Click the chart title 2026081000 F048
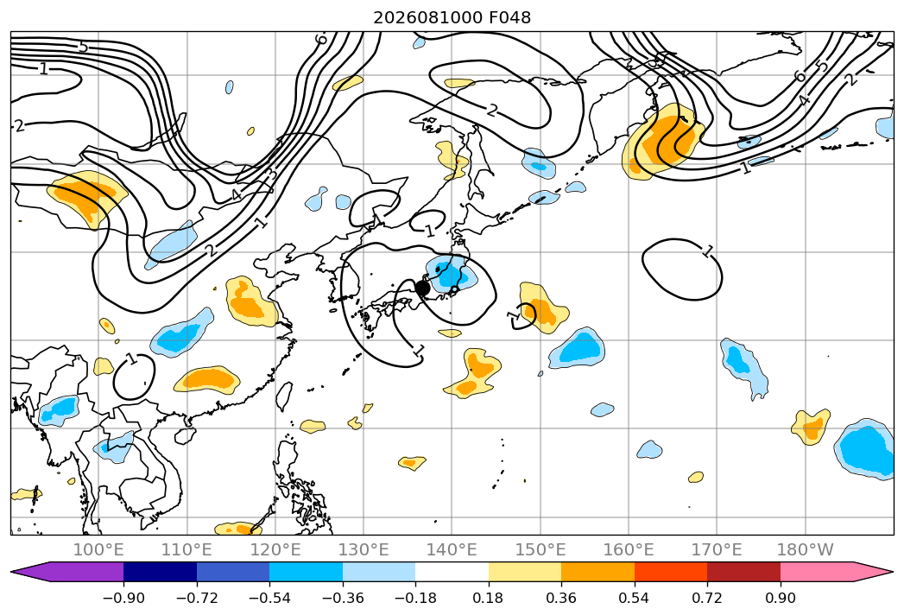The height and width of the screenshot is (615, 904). coord(452,18)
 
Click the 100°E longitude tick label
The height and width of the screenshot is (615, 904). coord(98,549)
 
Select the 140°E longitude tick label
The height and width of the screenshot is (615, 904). coord(452,549)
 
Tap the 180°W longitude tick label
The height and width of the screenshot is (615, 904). coord(806,549)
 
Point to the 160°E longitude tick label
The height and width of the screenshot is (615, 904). coord(629,549)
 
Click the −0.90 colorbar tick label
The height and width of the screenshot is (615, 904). coord(123,598)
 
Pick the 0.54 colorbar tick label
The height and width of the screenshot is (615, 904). coord(635,598)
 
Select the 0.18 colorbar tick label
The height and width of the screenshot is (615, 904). coord(489,598)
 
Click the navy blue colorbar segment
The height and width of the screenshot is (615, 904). coord(161,571)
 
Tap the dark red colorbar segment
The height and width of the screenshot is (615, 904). coord(743,571)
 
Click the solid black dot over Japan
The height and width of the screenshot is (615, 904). coord(422,288)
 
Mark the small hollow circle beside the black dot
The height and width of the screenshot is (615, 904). coord(454,289)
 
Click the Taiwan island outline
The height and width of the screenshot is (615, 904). coord(284,396)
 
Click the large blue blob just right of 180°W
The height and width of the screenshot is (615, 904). coord(866,449)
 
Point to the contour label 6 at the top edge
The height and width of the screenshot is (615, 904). coord(321,39)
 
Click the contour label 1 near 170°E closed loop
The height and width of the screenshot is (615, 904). coord(708,251)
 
